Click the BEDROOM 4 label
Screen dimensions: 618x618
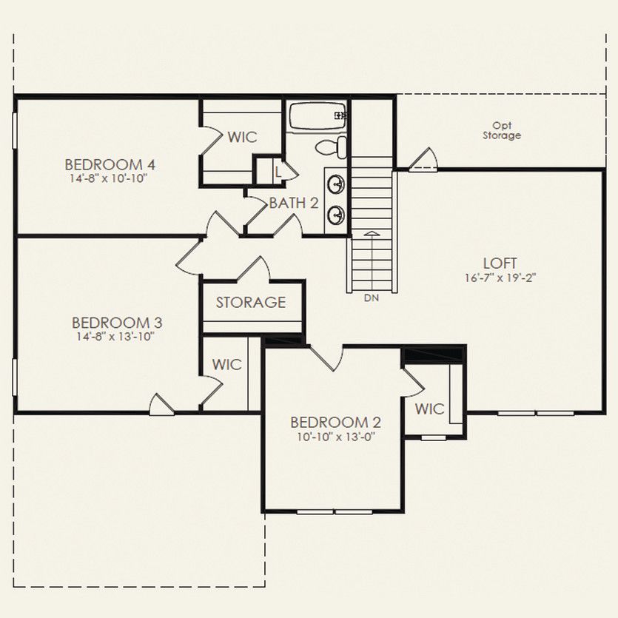(110, 164)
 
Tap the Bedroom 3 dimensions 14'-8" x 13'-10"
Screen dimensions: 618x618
(117, 337)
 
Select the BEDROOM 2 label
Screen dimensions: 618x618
(335, 423)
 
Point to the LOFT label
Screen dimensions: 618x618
(500, 263)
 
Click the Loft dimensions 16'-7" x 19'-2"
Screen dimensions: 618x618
(500, 278)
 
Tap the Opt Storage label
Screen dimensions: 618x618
(502, 131)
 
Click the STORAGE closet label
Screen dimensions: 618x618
(251, 303)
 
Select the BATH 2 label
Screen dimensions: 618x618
(294, 203)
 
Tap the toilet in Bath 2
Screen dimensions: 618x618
(332, 147)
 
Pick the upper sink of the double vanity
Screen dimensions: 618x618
(336, 183)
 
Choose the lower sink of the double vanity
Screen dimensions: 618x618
(336, 215)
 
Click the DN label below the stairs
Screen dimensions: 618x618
(372, 298)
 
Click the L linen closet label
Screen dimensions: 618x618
(278, 171)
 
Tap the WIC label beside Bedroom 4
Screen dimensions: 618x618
(242, 137)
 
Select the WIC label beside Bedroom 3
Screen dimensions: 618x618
(226, 365)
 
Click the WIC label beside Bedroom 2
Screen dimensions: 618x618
(429, 409)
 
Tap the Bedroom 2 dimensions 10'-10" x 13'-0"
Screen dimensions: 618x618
(335, 437)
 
